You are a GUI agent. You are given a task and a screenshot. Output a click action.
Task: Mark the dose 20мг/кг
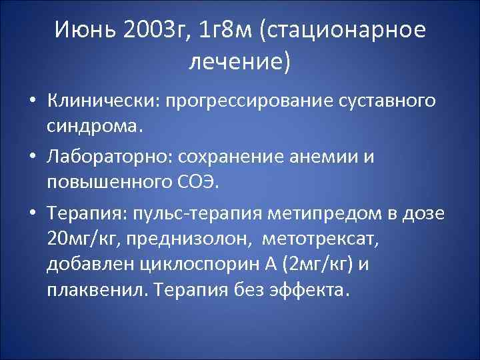click(84, 238)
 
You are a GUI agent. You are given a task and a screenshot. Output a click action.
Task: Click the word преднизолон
click(192, 238)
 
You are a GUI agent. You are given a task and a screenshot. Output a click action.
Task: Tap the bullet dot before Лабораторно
click(31, 157)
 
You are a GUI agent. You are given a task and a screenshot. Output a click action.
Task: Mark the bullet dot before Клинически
click(31, 102)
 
